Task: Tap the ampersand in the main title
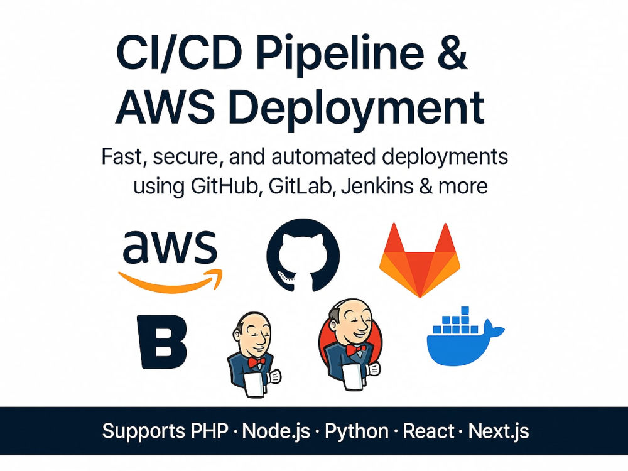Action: [453, 53]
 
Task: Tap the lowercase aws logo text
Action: [170, 247]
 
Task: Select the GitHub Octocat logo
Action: [303, 255]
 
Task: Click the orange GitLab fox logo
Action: [420, 261]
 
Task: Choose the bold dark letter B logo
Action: [162, 341]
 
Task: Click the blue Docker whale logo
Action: [465, 337]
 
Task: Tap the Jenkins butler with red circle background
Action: [350, 344]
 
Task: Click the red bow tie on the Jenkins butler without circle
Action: [256, 362]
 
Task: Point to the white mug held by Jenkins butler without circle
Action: [256, 384]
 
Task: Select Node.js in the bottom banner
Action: [276, 431]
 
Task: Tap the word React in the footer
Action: [428, 431]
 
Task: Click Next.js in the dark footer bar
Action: [499, 431]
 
